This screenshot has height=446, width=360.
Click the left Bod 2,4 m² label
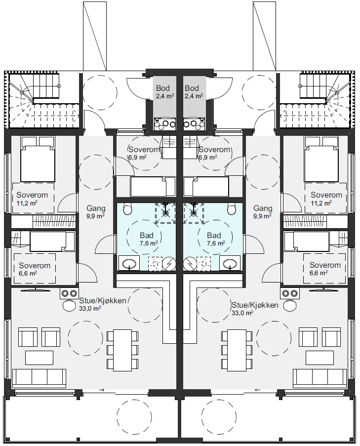click(x=165, y=91)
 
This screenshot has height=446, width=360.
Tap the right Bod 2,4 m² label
click(x=194, y=91)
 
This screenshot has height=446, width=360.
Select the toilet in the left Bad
click(x=128, y=209)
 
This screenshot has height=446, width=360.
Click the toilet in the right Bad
click(x=232, y=209)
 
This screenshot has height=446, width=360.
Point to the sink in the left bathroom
click(x=129, y=263)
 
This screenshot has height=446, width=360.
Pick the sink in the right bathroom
click(x=230, y=263)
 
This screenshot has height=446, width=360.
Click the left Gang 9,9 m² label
click(x=96, y=212)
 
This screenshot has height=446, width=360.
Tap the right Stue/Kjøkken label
click(x=255, y=305)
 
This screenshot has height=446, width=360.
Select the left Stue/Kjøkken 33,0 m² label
click(x=102, y=304)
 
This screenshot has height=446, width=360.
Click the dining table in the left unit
click(x=122, y=351)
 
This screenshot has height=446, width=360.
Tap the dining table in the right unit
click(x=237, y=351)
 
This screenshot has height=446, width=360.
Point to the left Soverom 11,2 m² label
click(x=32, y=199)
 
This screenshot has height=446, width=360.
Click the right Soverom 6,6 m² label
click(x=325, y=269)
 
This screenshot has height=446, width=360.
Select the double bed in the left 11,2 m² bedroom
click(x=38, y=159)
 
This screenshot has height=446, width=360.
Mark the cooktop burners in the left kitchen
click(x=69, y=293)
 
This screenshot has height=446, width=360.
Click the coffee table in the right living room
click(x=320, y=358)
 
